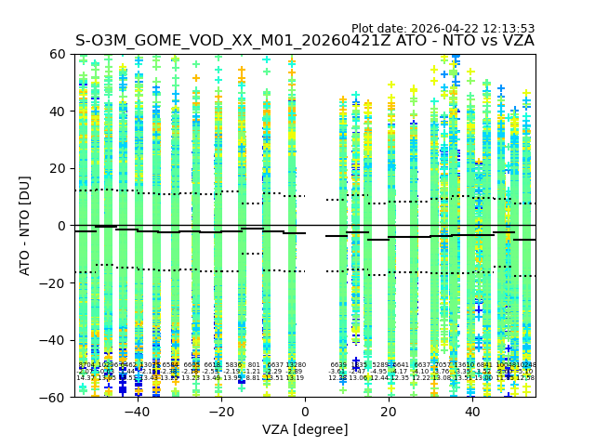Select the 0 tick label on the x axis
305,412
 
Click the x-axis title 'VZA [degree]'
305,429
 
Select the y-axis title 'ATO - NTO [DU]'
26,226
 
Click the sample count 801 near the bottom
254,365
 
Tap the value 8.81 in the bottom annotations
253,378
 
